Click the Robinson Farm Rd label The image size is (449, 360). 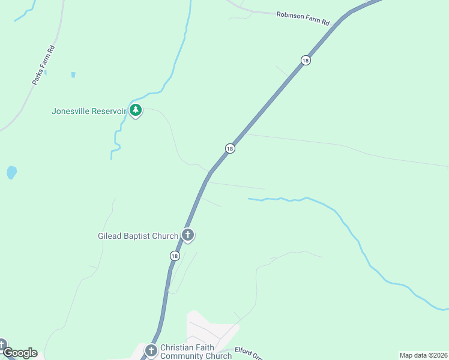303,19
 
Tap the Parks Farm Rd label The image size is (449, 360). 43,65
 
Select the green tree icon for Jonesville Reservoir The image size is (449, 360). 136,110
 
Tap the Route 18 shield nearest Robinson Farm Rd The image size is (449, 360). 306,60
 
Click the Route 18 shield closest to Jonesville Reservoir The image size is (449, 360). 230,148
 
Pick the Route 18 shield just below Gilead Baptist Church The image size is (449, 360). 174,256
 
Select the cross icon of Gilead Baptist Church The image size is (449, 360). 188,235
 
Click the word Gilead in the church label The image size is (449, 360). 110,236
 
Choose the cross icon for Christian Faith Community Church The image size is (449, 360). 151,350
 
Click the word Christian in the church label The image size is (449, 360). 178,348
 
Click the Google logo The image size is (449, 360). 20,353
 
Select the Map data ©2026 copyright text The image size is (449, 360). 423,355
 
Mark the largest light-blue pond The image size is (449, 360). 11,173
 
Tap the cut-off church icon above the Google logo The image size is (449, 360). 2,344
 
